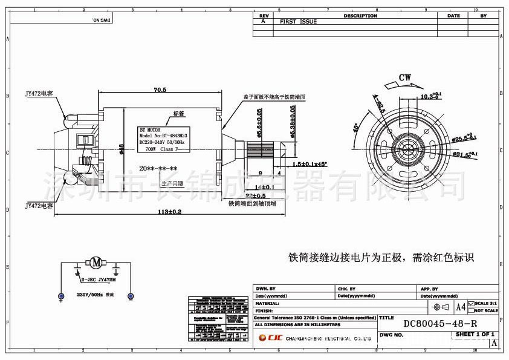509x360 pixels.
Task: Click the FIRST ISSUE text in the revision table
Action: click(x=298, y=21)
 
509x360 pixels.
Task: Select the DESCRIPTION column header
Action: click(x=360, y=16)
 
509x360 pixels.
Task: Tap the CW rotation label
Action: click(x=405, y=77)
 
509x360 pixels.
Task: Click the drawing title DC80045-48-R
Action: click(x=440, y=324)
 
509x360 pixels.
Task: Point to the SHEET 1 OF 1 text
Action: click(x=475, y=334)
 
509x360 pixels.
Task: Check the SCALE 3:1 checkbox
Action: click(x=472, y=303)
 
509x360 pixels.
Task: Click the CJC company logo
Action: click(x=268, y=339)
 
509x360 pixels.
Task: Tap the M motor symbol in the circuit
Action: click(x=96, y=262)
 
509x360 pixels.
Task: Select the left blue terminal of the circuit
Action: click(x=61, y=296)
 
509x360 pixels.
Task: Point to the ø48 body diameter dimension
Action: click(x=122, y=148)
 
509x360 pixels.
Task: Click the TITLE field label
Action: click(x=386, y=317)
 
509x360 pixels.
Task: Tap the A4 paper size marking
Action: click(x=461, y=307)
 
